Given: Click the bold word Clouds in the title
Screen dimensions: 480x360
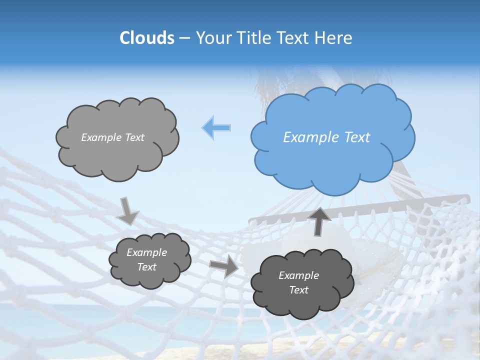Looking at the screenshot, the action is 146,38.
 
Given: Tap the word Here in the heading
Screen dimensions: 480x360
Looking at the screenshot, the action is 333,38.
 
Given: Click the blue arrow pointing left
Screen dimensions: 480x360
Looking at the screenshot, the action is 216,127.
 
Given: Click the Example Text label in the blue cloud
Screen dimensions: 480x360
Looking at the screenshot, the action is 326,137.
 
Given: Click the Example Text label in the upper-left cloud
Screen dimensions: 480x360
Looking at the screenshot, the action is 112,137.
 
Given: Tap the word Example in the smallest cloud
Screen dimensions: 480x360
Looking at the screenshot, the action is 146,252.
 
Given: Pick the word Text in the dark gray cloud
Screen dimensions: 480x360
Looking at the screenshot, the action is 298,290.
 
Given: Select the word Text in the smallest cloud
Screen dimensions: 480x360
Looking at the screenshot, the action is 146,267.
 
